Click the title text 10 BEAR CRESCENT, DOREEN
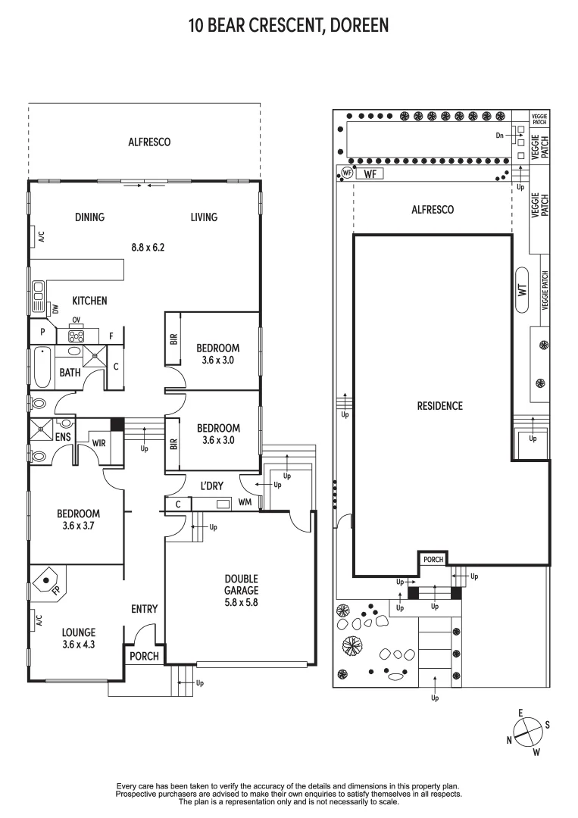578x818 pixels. [x=289, y=26]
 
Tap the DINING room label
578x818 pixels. [x=89, y=217]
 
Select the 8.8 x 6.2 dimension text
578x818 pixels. [x=148, y=246]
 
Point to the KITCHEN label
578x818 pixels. [x=89, y=301]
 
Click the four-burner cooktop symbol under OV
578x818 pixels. [x=77, y=336]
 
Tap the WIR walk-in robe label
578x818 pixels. [x=98, y=442]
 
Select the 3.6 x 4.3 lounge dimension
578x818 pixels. [x=79, y=645]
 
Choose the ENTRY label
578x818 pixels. [x=144, y=609]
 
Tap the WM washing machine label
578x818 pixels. [x=245, y=503]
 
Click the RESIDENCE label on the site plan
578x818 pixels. [x=439, y=406]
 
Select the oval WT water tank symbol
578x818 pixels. [x=522, y=289]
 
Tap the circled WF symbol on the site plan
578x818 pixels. [x=347, y=173]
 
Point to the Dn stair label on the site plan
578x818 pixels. [x=500, y=136]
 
